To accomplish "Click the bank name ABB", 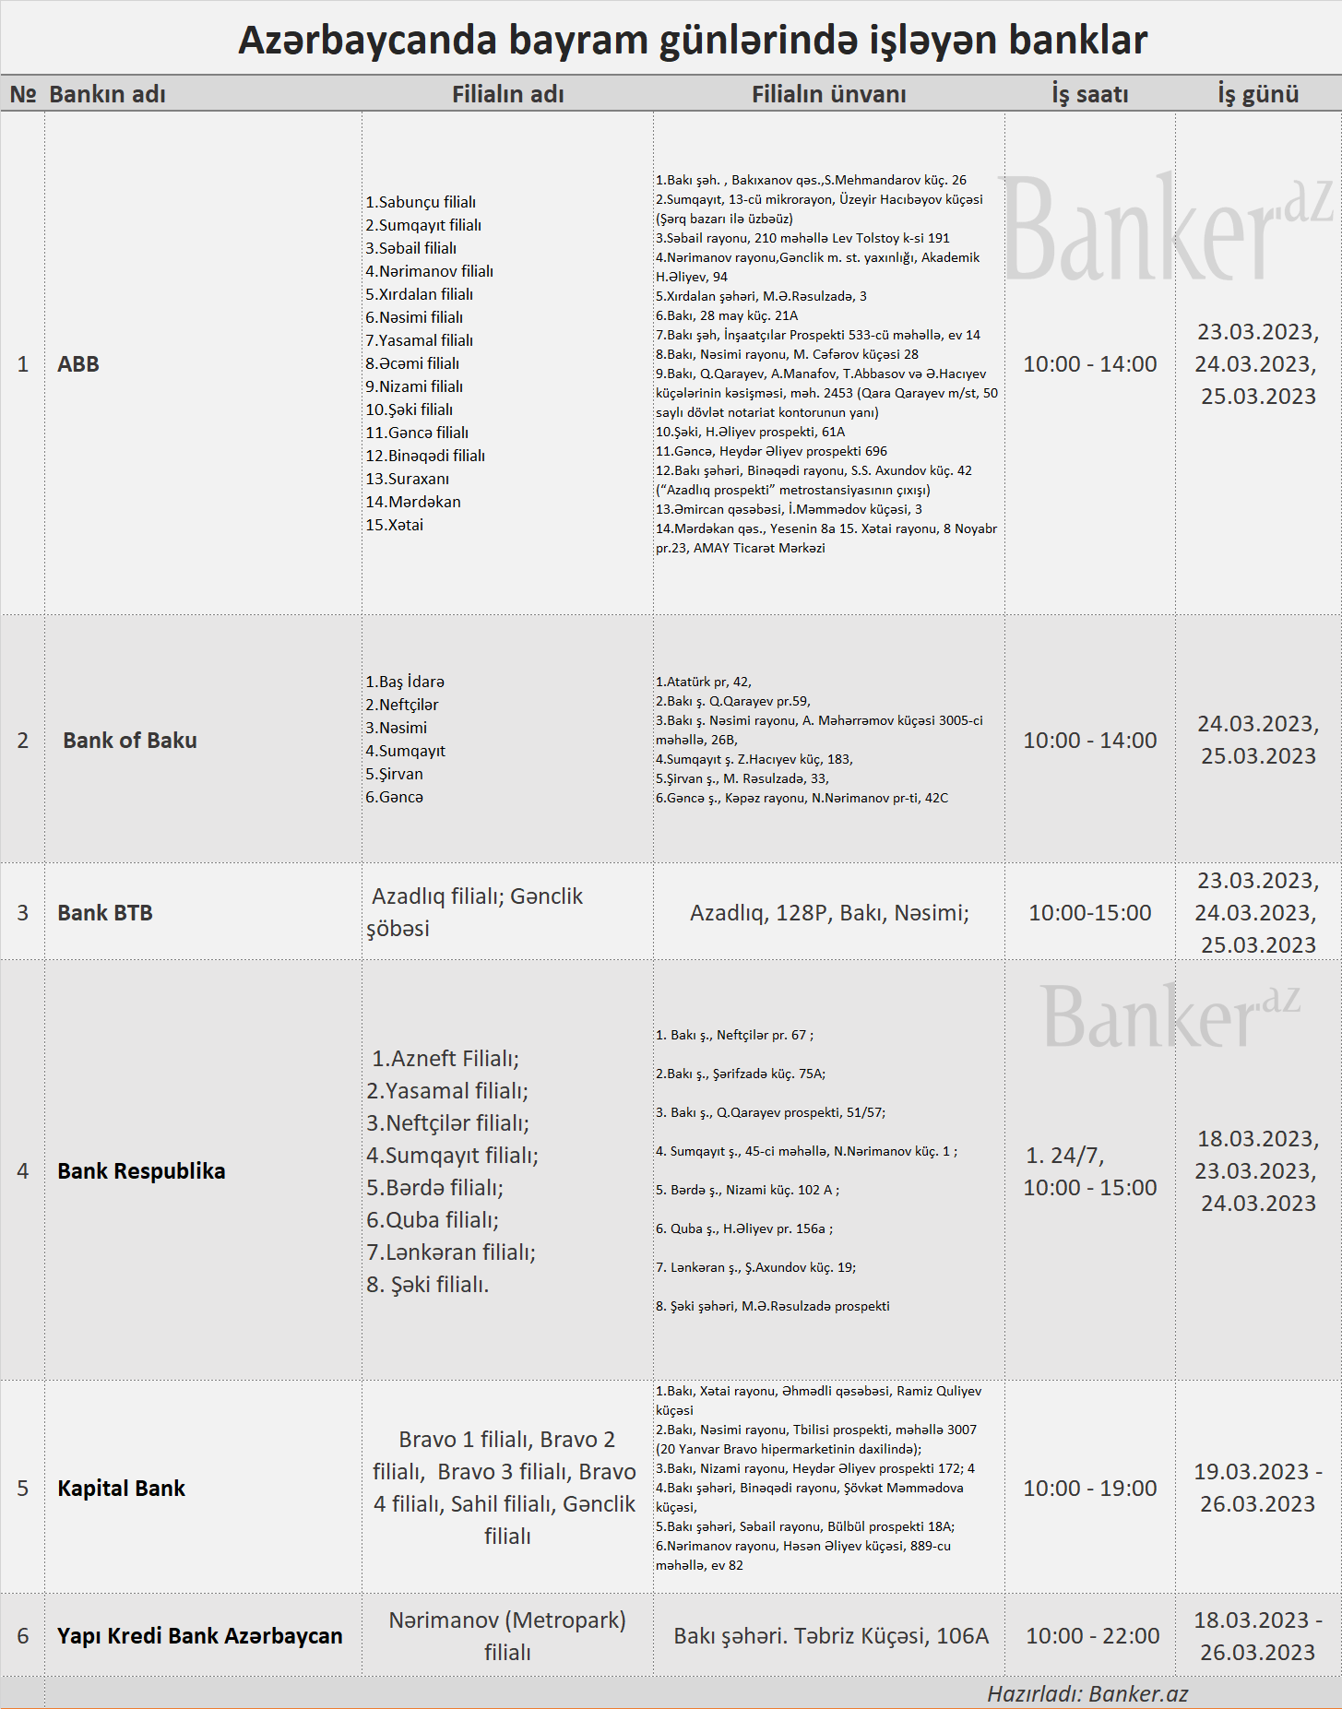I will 78,364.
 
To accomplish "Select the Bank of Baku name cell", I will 130,741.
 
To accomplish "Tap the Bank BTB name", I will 105,913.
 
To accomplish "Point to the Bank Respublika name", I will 141,1171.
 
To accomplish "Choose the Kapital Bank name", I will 121,1489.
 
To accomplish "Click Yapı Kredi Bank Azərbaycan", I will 199,1636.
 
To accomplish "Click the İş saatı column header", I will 1090,94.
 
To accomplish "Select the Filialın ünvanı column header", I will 828,94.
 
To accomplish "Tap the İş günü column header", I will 1258,94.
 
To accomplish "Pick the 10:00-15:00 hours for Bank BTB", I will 1090,913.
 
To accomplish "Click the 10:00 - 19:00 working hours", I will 1090,1489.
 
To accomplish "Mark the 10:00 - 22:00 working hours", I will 1093,1636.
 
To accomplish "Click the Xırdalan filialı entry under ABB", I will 420,294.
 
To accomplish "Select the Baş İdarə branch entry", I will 405,682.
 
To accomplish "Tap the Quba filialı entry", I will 433,1220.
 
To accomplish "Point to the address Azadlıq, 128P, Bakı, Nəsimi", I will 829,913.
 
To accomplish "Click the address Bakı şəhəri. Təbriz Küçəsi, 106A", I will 831,1636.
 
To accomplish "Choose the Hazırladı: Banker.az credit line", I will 1087,1693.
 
